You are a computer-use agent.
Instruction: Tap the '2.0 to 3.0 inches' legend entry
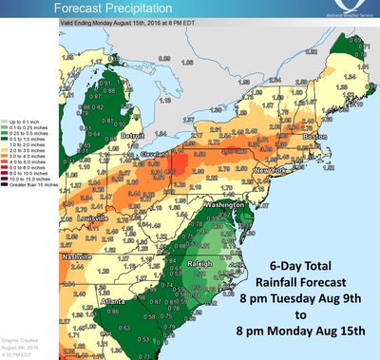(30, 150)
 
